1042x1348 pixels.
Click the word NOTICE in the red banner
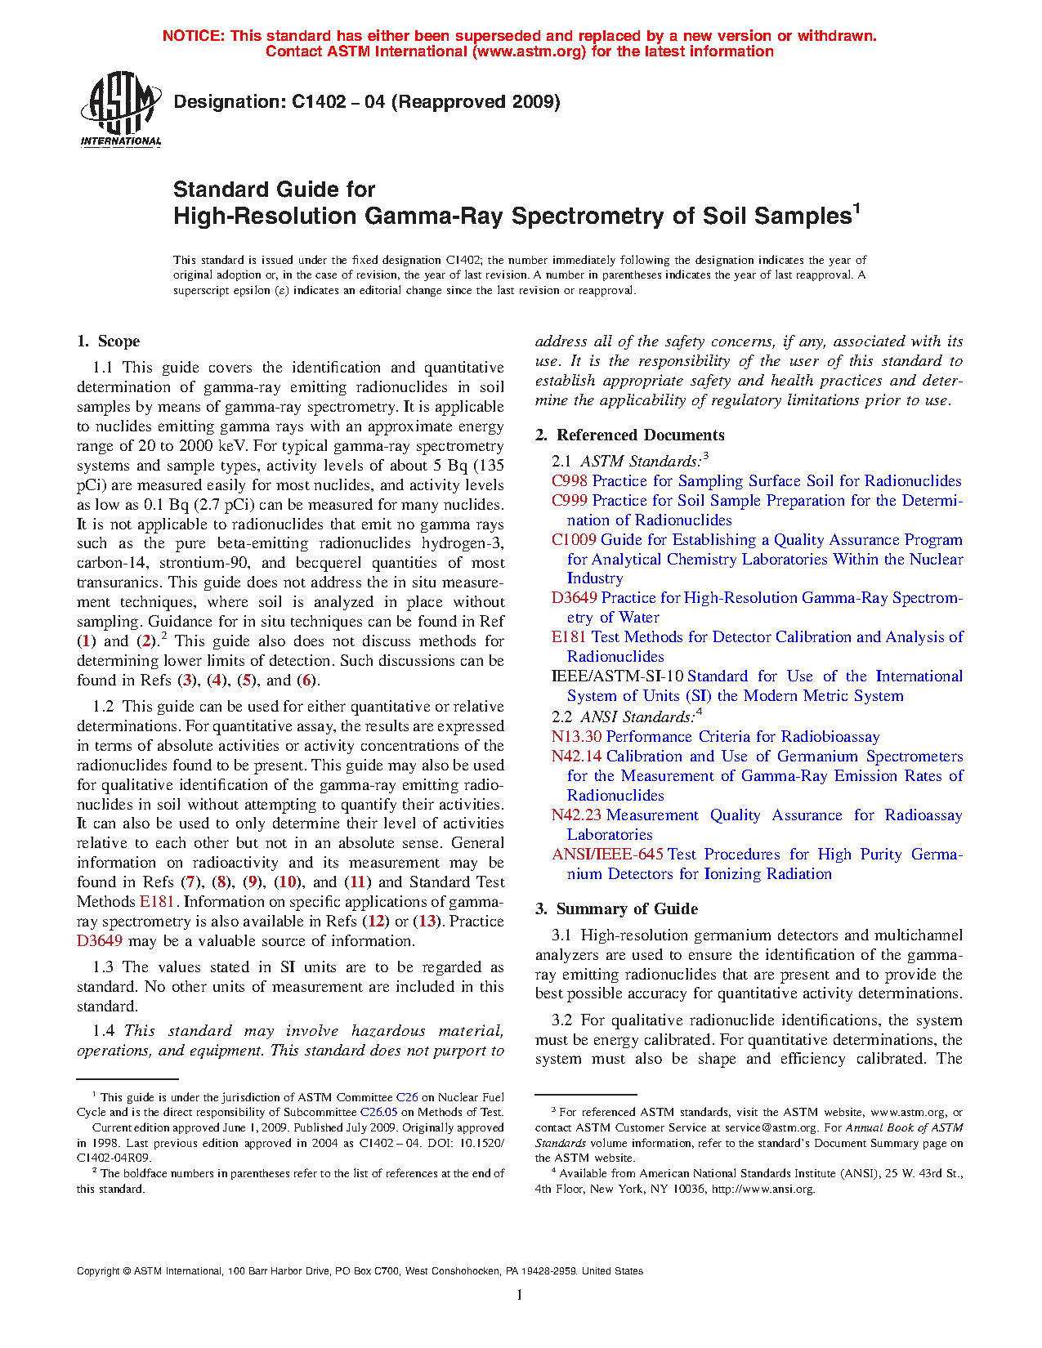point(193,36)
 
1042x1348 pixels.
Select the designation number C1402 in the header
point(317,102)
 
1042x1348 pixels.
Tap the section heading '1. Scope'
point(108,341)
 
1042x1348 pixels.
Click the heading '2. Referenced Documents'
point(629,435)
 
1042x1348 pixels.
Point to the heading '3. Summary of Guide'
point(616,909)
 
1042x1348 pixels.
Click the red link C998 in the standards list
point(569,481)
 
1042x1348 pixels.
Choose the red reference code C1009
point(574,540)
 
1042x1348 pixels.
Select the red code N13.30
point(576,737)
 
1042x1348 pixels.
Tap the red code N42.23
point(576,815)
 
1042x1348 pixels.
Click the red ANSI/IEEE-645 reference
point(607,855)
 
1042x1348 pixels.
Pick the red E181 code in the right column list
point(569,637)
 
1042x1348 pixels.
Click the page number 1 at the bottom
point(520,1295)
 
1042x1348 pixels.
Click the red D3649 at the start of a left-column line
point(100,941)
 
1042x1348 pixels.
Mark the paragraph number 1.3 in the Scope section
point(104,967)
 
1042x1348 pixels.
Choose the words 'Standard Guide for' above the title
point(274,190)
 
